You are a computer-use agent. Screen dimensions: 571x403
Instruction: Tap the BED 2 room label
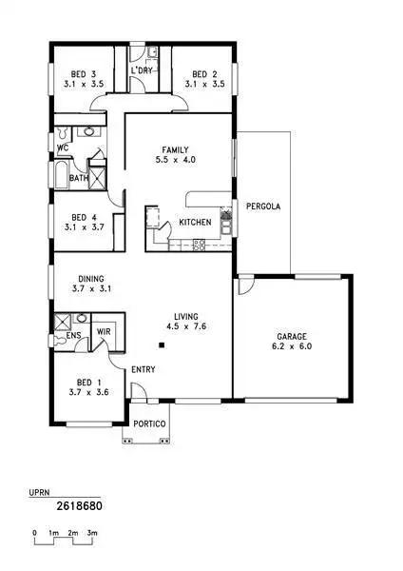click(x=200, y=74)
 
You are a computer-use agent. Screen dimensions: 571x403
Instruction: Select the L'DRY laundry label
click(x=142, y=72)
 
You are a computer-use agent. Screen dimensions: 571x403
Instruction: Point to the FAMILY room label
click(x=176, y=149)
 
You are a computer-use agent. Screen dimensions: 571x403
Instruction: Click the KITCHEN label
click(x=195, y=223)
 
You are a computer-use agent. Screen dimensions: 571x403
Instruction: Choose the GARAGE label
click(x=293, y=338)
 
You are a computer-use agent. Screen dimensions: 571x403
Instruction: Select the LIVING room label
click(x=185, y=317)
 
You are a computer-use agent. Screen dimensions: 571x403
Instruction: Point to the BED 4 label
click(x=85, y=217)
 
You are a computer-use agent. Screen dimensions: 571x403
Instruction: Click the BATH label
click(x=79, y=178)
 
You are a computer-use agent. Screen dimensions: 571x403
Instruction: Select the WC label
click(x=62, y=148)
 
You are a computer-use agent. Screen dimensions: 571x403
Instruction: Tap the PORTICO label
click(x=150, y=423)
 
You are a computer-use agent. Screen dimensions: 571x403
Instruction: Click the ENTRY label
click(x=144, y=369)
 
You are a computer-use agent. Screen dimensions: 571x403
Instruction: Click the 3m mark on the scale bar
click(x=92, y=533)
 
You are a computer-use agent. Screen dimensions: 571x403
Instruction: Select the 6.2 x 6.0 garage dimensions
click(x=293, y=347)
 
